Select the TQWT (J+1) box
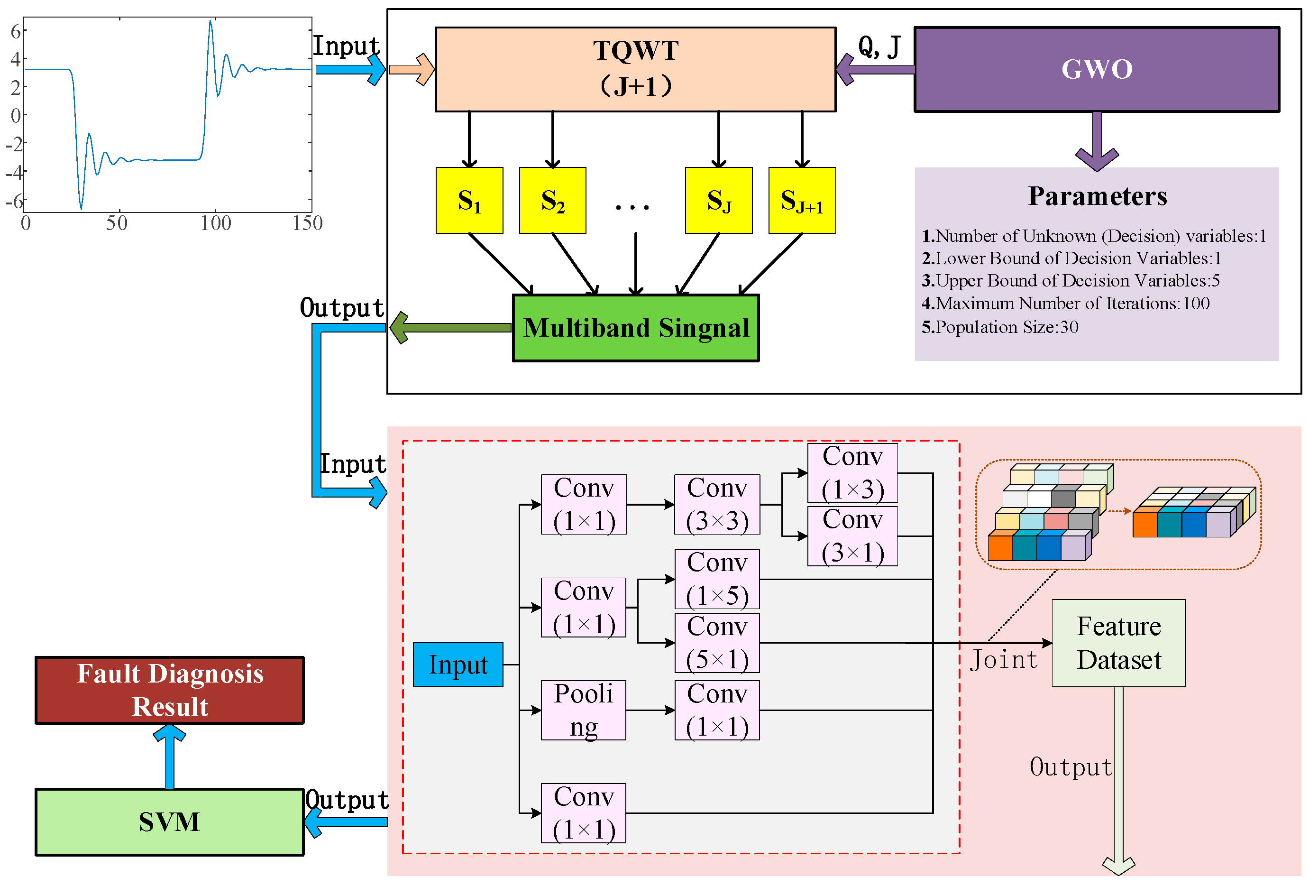click(x=635, y=69)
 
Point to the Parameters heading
click(x=1097, y=196)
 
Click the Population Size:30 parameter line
click(x=999, y=327)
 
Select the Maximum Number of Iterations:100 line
click(x=1064, y=303)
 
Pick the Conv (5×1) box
click(x=716, y=643)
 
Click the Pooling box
click(x=583, y=710)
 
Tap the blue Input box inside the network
click(x=458, y=664)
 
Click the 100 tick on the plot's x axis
click(x=215, y=223)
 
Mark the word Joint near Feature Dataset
click(x=1003, y=659)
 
